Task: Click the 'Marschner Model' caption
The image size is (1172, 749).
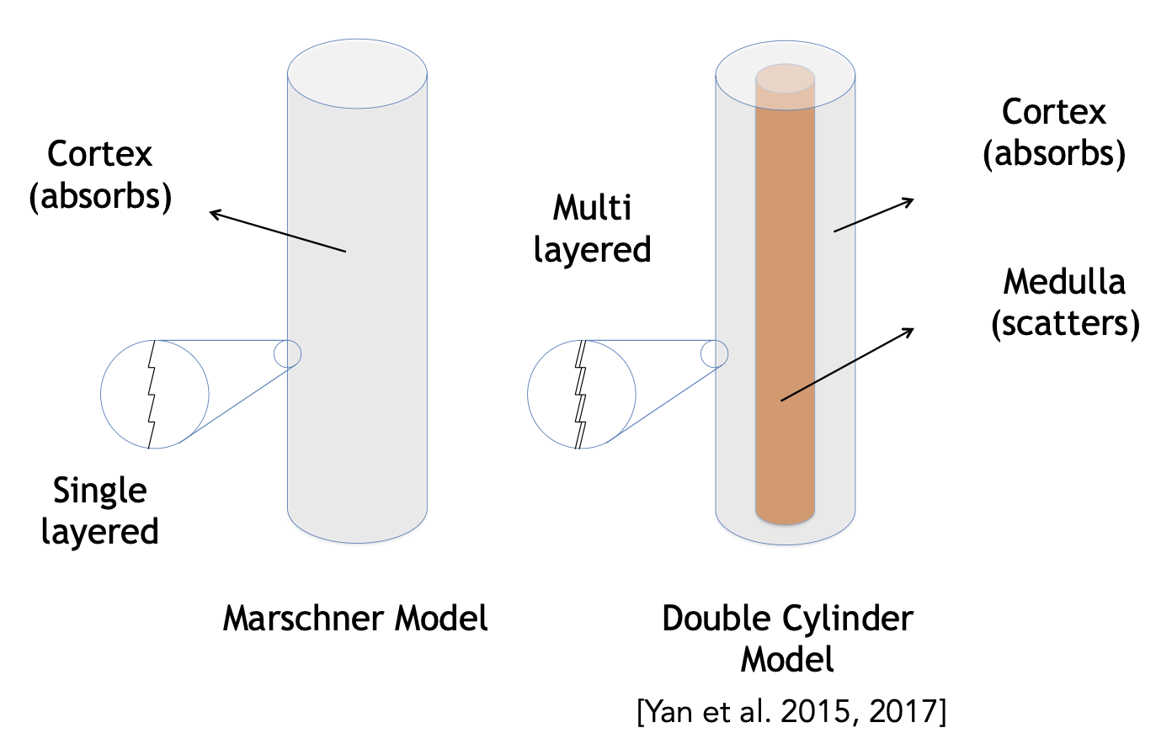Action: (354, 619)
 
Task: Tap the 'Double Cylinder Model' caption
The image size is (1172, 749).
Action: (787, 638)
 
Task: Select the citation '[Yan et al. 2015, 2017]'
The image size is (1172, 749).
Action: (791, 712)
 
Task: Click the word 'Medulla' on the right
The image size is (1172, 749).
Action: (1064, 282)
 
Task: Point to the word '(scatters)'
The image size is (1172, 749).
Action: (1065, 323)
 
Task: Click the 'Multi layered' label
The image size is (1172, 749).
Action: (593, 229)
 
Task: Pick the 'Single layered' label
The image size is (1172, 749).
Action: (100, 511)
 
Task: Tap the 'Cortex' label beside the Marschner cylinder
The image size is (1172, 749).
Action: (100, 154)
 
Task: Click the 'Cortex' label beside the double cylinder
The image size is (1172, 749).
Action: (1054, 113)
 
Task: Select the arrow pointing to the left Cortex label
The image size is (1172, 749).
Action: (278, 231)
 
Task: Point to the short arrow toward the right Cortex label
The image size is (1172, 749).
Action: (874, 215)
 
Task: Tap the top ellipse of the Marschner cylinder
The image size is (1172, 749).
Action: (357, 72)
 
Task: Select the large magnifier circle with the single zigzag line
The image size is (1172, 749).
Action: (154, 394)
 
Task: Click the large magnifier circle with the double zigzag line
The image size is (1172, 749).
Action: (581, 394)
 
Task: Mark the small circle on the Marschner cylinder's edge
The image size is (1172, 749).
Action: (288, 353)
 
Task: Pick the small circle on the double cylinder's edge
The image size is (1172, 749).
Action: (714, 353)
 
